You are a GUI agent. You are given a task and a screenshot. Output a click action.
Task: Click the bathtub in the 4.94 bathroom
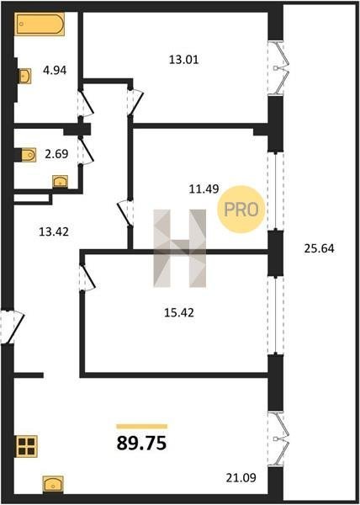pyautogui.click(x=40, y=24)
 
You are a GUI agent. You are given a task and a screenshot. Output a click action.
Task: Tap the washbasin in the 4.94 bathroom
pyautogui.click(x=24, y=76)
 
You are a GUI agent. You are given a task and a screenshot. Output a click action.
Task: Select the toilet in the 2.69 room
pyautogui.click(x=29, y=155)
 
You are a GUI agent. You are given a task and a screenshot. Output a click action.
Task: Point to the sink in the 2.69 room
pyautogui.click(x=61, y=181)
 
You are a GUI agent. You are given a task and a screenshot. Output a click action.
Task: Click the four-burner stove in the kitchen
pyautogui.click(x=27, y=446)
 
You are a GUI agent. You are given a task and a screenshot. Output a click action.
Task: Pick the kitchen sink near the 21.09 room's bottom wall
pyautogui.click(x=53, y=484)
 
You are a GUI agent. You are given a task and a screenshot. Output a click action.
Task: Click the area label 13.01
pyautogui.click(x=183, y=60)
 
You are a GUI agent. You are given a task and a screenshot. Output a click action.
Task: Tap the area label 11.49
pyautogui.click(x=204, y=189)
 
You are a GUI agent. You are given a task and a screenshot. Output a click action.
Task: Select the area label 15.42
pyautogui.click(x=179, y=312)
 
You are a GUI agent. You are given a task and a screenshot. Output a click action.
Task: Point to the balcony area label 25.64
pyautogui.click(x=319, y=248)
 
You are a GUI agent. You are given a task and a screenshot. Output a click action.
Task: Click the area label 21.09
pyautogui.click(x=241, y=477)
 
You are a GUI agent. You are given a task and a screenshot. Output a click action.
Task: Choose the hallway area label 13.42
pyautogui.click(x=54, y=231)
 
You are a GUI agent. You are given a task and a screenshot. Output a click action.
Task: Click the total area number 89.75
pyautogui.click(x=141, y=443)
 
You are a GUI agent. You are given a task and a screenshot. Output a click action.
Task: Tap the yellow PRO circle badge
pyautogui.click(x=241, y=210)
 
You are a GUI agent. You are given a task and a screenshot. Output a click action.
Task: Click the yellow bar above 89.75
pyautogui.click(x=142, y=427)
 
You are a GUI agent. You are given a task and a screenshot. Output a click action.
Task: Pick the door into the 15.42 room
pyautogui.click(x=87, y=277)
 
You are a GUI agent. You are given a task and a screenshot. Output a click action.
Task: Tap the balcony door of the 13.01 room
pyautogui.click(x=278, y=68)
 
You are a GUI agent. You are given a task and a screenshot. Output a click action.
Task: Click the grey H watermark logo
pyautogui.click(x=179, y=248)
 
